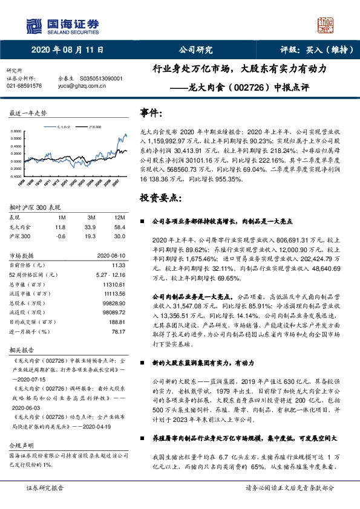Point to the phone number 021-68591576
[x=24, y=86]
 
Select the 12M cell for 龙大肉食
[x=119, y=226]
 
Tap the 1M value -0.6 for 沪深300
[x=61, y=235]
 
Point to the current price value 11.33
[x=119, y=265]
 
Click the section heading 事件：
[x=151, y=112]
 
